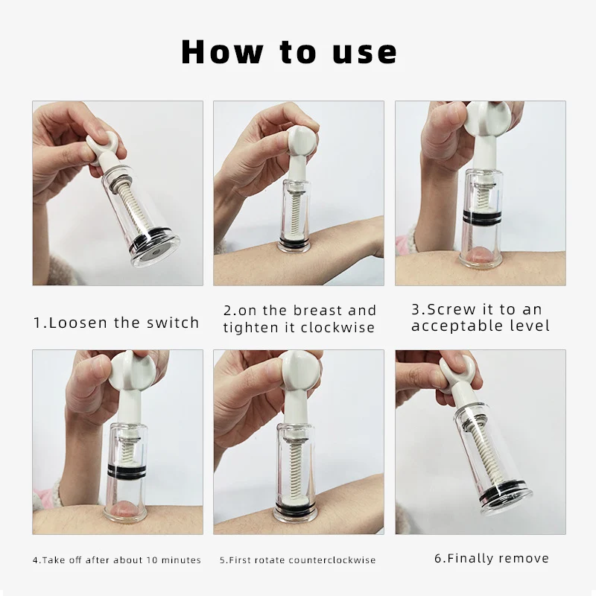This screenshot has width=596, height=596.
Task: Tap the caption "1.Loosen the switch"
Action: click(x=116, y=323)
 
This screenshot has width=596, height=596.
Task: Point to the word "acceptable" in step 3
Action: click(x=454, y=326)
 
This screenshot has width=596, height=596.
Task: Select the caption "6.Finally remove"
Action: click(x=491, y=558)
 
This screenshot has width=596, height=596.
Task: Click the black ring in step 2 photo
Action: click(x=299, y=245)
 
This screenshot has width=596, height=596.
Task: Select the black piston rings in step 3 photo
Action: click(x=481, y=217)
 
